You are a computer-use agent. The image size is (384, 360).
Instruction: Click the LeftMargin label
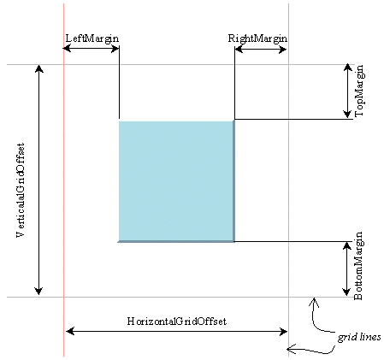coord(92,38)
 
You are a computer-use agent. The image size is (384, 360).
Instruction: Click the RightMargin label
coord(257,38)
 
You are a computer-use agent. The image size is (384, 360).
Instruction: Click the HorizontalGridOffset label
coord(176,320)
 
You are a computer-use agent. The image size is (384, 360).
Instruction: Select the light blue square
coord(176,181)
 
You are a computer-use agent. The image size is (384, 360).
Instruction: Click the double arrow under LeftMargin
coord(92,48)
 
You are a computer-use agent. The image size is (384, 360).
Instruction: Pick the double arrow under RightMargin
coord(261,48)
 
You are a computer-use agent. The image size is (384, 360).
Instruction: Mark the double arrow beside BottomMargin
coord(346,269)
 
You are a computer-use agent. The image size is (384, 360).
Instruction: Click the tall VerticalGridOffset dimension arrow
coord(38,180)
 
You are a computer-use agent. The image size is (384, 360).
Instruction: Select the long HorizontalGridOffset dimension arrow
coord(176,329)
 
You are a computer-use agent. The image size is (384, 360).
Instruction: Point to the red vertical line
coord(63,197)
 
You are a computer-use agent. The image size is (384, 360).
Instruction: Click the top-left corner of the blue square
coord(120,122)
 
